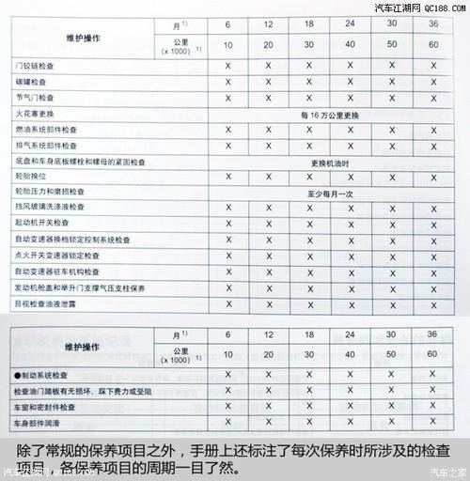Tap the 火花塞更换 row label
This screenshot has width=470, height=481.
pyautogui.click(x=38, y=113)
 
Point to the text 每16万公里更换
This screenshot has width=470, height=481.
pyautogui.click(x=330, y=113)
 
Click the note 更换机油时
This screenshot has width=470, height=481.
pyautogui.click(x=330, y=160)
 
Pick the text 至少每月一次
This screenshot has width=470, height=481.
pyautogui.click(x=330, y=191)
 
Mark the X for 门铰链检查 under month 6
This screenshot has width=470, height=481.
pyautogui.click(x=227, y=66)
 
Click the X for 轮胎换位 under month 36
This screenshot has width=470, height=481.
pyautogui.click(x=433, y=176)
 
